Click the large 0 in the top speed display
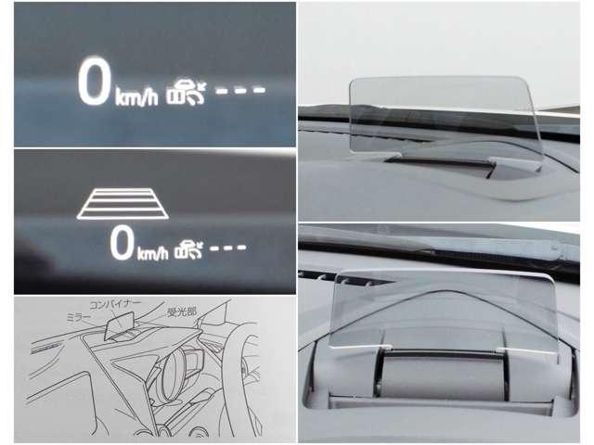(x=94, y=82)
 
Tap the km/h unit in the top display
(x=136, y=96)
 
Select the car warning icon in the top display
(x=186, y=93)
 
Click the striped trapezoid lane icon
(x=123, y=204)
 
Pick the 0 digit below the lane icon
(x=122, y=243)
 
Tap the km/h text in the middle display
(x=152, y=253)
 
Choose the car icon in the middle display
(x=187, y=249)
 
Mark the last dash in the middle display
(x=241, y=248)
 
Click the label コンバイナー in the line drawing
(x=115, y=304)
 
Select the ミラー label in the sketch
(x=78, y=317)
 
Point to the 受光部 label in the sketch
(x=182, y=312)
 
